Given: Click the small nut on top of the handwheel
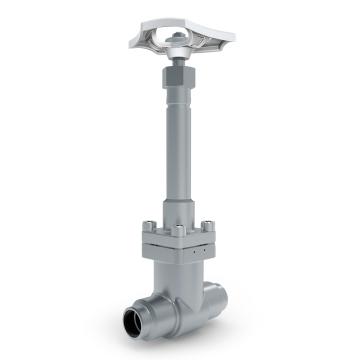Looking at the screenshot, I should [x=177, y=40].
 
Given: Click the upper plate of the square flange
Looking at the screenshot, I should [x=180, y=237].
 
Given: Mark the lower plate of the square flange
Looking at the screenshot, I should [x=180, y=251].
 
